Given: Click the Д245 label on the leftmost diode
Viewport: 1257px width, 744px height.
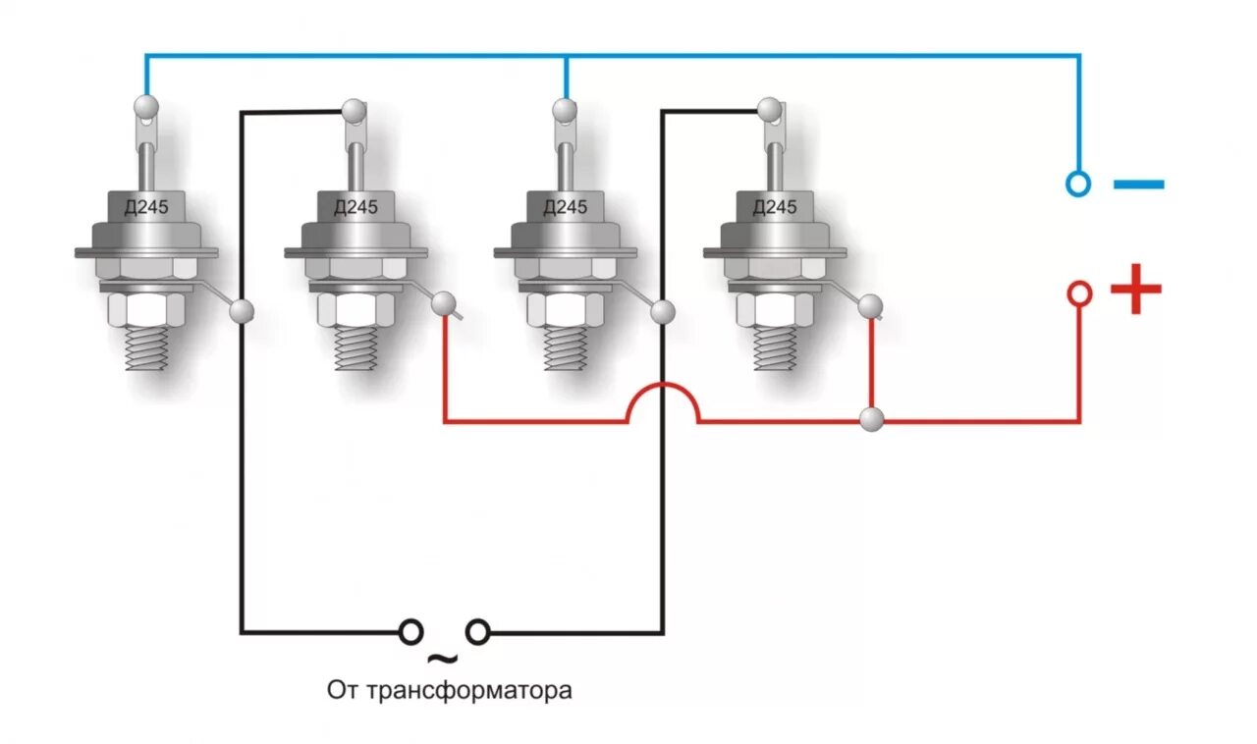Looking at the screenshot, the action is [x=145, y=207].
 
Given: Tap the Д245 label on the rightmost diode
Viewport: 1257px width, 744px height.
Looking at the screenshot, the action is [x=775, y=207].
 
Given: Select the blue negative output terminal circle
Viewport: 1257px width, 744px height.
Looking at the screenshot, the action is [x=1078, y=184].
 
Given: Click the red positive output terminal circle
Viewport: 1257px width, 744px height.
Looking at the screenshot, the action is [x=1078, y=292].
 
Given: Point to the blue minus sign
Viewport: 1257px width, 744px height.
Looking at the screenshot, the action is [x=1139, y=184].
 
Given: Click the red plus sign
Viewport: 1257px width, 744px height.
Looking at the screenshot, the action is [x=1136, y=290].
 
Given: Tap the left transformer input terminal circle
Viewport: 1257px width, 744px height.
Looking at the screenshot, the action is [x=411, y=631].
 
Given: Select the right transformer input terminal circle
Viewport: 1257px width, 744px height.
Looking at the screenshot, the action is [x=478, y=631].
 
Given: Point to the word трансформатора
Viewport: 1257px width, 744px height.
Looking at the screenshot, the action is [x=468, y=690].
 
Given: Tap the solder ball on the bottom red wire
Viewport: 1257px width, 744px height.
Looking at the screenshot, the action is [x=871, y=420].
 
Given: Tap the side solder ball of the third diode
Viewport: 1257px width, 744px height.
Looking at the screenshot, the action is [x=664, y=311].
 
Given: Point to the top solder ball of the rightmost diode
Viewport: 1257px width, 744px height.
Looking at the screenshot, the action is [x=770, y=106].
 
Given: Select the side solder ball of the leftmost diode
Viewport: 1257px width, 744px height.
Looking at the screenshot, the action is [x=242, y=311].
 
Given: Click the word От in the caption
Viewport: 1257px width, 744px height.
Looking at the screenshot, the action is [x=343, y=690].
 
